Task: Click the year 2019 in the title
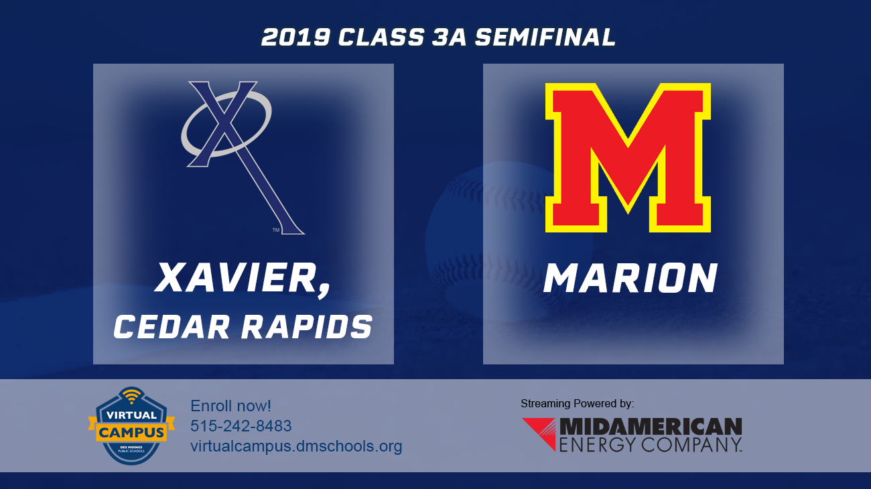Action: pyautogui.click(x=295, y=38)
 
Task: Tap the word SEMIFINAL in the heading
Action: pyautogui.click(x=545, y=38)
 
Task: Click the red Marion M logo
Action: pyautogui.click(x=628, y=157)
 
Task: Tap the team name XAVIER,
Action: pyautogui.click(x=243, y=279)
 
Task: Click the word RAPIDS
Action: pyautogui.click(x=304, y=327)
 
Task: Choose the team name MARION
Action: pyautogui.click(x=630, y=279)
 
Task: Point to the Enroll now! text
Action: pyautogui.click(x=230, y=406)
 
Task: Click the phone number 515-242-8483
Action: pyautogui.click(x=241, y=426)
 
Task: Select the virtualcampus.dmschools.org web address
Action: pyautogui.click(x=296, y=446)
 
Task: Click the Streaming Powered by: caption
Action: pyautogui.click(x=577, y=403)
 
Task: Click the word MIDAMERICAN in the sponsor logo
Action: pyautogui.click(x=651, y=427)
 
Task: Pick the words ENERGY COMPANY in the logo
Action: pyautogui.click(x=651, y=444)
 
